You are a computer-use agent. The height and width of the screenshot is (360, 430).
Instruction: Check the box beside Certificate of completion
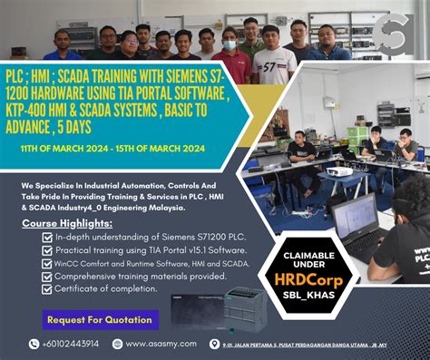47,289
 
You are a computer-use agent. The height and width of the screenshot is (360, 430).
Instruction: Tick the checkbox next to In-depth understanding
47,238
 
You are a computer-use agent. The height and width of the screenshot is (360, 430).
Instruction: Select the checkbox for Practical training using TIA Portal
47,250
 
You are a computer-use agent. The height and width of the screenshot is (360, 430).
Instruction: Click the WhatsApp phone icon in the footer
34,344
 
